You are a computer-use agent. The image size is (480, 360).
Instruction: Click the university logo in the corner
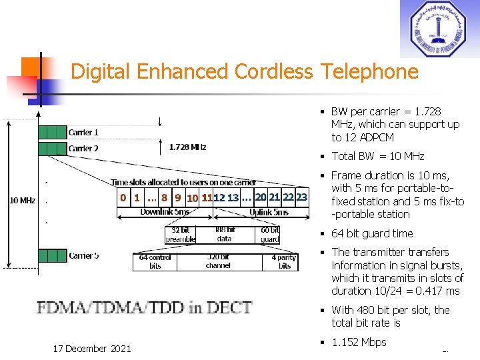click(439, 29)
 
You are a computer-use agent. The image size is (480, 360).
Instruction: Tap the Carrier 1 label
click(83, 132)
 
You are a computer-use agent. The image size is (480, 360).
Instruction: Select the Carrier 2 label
click(83, 148)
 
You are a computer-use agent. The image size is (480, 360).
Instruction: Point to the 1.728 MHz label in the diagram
click(187, 147)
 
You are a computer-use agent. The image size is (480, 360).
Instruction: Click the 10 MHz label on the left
click(22, 200)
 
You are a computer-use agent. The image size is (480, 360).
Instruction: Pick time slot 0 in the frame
click(123, 197)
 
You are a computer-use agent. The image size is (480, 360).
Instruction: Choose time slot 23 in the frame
click(301, 197)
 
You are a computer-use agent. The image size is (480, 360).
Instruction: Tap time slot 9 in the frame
click(177, 197)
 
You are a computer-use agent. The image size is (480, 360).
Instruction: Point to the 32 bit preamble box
click(181, 235)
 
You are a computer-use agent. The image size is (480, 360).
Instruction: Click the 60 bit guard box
click(269, 235)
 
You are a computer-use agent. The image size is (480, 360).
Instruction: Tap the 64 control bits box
click(155, 261)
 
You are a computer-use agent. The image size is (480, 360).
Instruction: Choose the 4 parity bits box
click(285, 261)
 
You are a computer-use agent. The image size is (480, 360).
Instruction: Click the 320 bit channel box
click(218, 261)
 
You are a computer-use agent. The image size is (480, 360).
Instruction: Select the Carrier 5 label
click(83, 255)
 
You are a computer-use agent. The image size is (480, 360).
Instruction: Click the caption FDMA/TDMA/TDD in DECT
click(145, 308)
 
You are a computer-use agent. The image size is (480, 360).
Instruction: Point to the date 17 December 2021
click(93, 348)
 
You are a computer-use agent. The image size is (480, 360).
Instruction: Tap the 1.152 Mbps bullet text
click(359, 342)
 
